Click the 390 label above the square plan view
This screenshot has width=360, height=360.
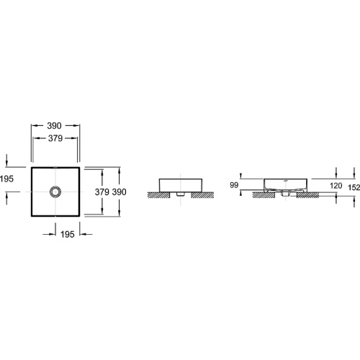pyautogui.click(x=54, y=125)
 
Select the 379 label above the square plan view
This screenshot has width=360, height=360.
pyautogui.click(x=55, y=138)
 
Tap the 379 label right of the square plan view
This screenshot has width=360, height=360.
pyautogui.click(x=102, y=192)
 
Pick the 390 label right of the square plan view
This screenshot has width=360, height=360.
pyautogui.click(x=120, y=192)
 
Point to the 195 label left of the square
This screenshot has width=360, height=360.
pyautogui.click(x=6, y=179)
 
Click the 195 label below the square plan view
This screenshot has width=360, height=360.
pyautogui.click(x=68, y=234)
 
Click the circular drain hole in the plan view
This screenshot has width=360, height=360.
pyautogui.click(x=55, y=192)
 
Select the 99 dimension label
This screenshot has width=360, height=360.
pyautogui.click(x=234, y=185)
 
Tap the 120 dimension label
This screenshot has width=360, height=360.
pyautogui.click(x=336, y=186)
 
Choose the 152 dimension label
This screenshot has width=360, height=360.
pyautogui.click(x=354, y=187)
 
